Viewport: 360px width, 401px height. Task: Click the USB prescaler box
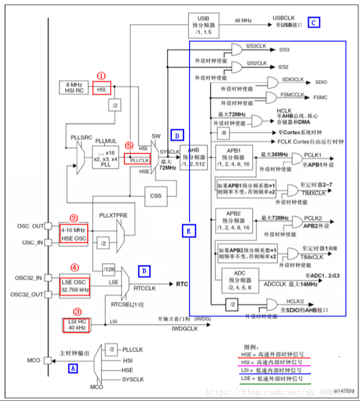click(203, 25)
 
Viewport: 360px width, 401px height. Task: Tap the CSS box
click(156, 196)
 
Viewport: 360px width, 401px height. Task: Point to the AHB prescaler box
click(193, 158)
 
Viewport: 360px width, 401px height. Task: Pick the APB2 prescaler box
click(233, 220)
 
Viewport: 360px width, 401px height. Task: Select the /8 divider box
click(223, 133)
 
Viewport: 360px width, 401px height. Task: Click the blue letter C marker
click(314, 22)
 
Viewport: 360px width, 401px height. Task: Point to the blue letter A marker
click(72, 369)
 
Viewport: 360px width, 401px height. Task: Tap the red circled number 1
click(102, 76)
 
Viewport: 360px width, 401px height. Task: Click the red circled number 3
click(78, 312)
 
